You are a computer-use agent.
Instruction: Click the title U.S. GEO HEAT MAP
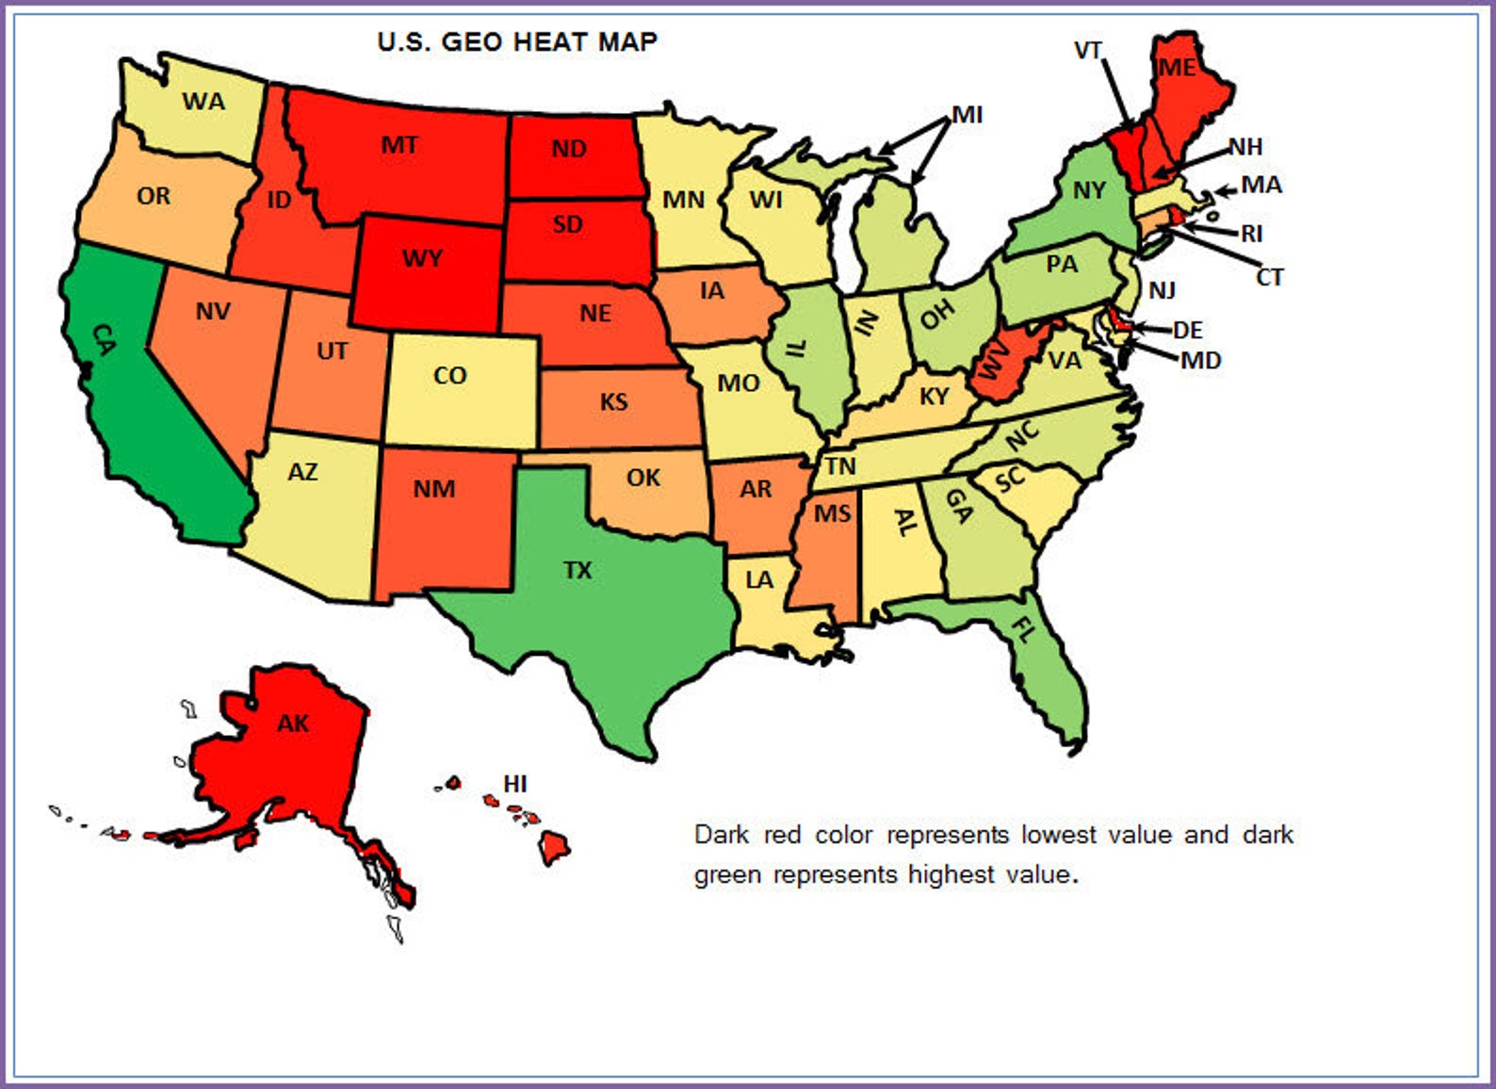tap(517, 41)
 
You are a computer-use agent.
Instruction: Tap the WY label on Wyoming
tap(422, 258)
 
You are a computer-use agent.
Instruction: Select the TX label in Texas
tap(577, 570)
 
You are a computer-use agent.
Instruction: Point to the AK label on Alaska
tap(293, 723)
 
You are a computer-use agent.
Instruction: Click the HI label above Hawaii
tap(514, 784)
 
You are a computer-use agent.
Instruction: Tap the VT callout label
tap(1088, 50)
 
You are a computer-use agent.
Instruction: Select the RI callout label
tap(1251, 234)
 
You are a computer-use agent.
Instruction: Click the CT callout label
tap(1269, 278)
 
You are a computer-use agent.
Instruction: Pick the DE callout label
tap(1187, 330)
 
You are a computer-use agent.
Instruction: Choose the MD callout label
tap(1200, 361)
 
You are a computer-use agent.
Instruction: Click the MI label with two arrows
tap(967, 115)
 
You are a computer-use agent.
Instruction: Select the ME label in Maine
tap(1177, 68)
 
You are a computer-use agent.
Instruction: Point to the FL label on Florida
tap(1023, 629)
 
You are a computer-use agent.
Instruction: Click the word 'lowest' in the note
tap(1058, 835)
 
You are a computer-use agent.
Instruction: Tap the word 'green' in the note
tap(727, 875)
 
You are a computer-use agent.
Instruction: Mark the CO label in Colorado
tap(449, 376)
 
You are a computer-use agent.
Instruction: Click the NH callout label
tap(1245, 147)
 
